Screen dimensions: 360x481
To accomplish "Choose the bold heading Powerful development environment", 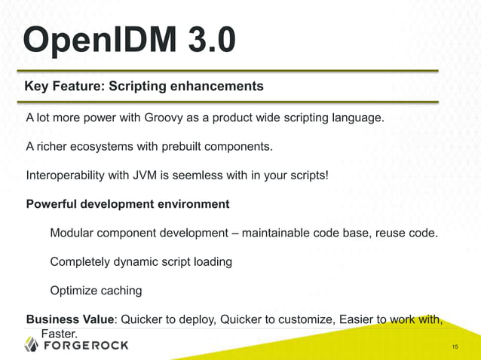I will (x=127, y=204).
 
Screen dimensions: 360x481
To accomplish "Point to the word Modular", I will (x=72, y=233).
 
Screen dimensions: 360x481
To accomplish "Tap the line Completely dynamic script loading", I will (x=140, y=261).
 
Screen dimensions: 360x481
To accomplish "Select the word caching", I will (x=120, y=291).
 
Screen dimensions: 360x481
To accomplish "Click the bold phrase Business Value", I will (x=69, y=319).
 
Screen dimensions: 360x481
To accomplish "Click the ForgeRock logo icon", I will (x=31, y=345).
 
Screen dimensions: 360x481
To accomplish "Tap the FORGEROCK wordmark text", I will (x=85, y=346).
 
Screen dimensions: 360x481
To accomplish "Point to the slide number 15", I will (x=455, y=346).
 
